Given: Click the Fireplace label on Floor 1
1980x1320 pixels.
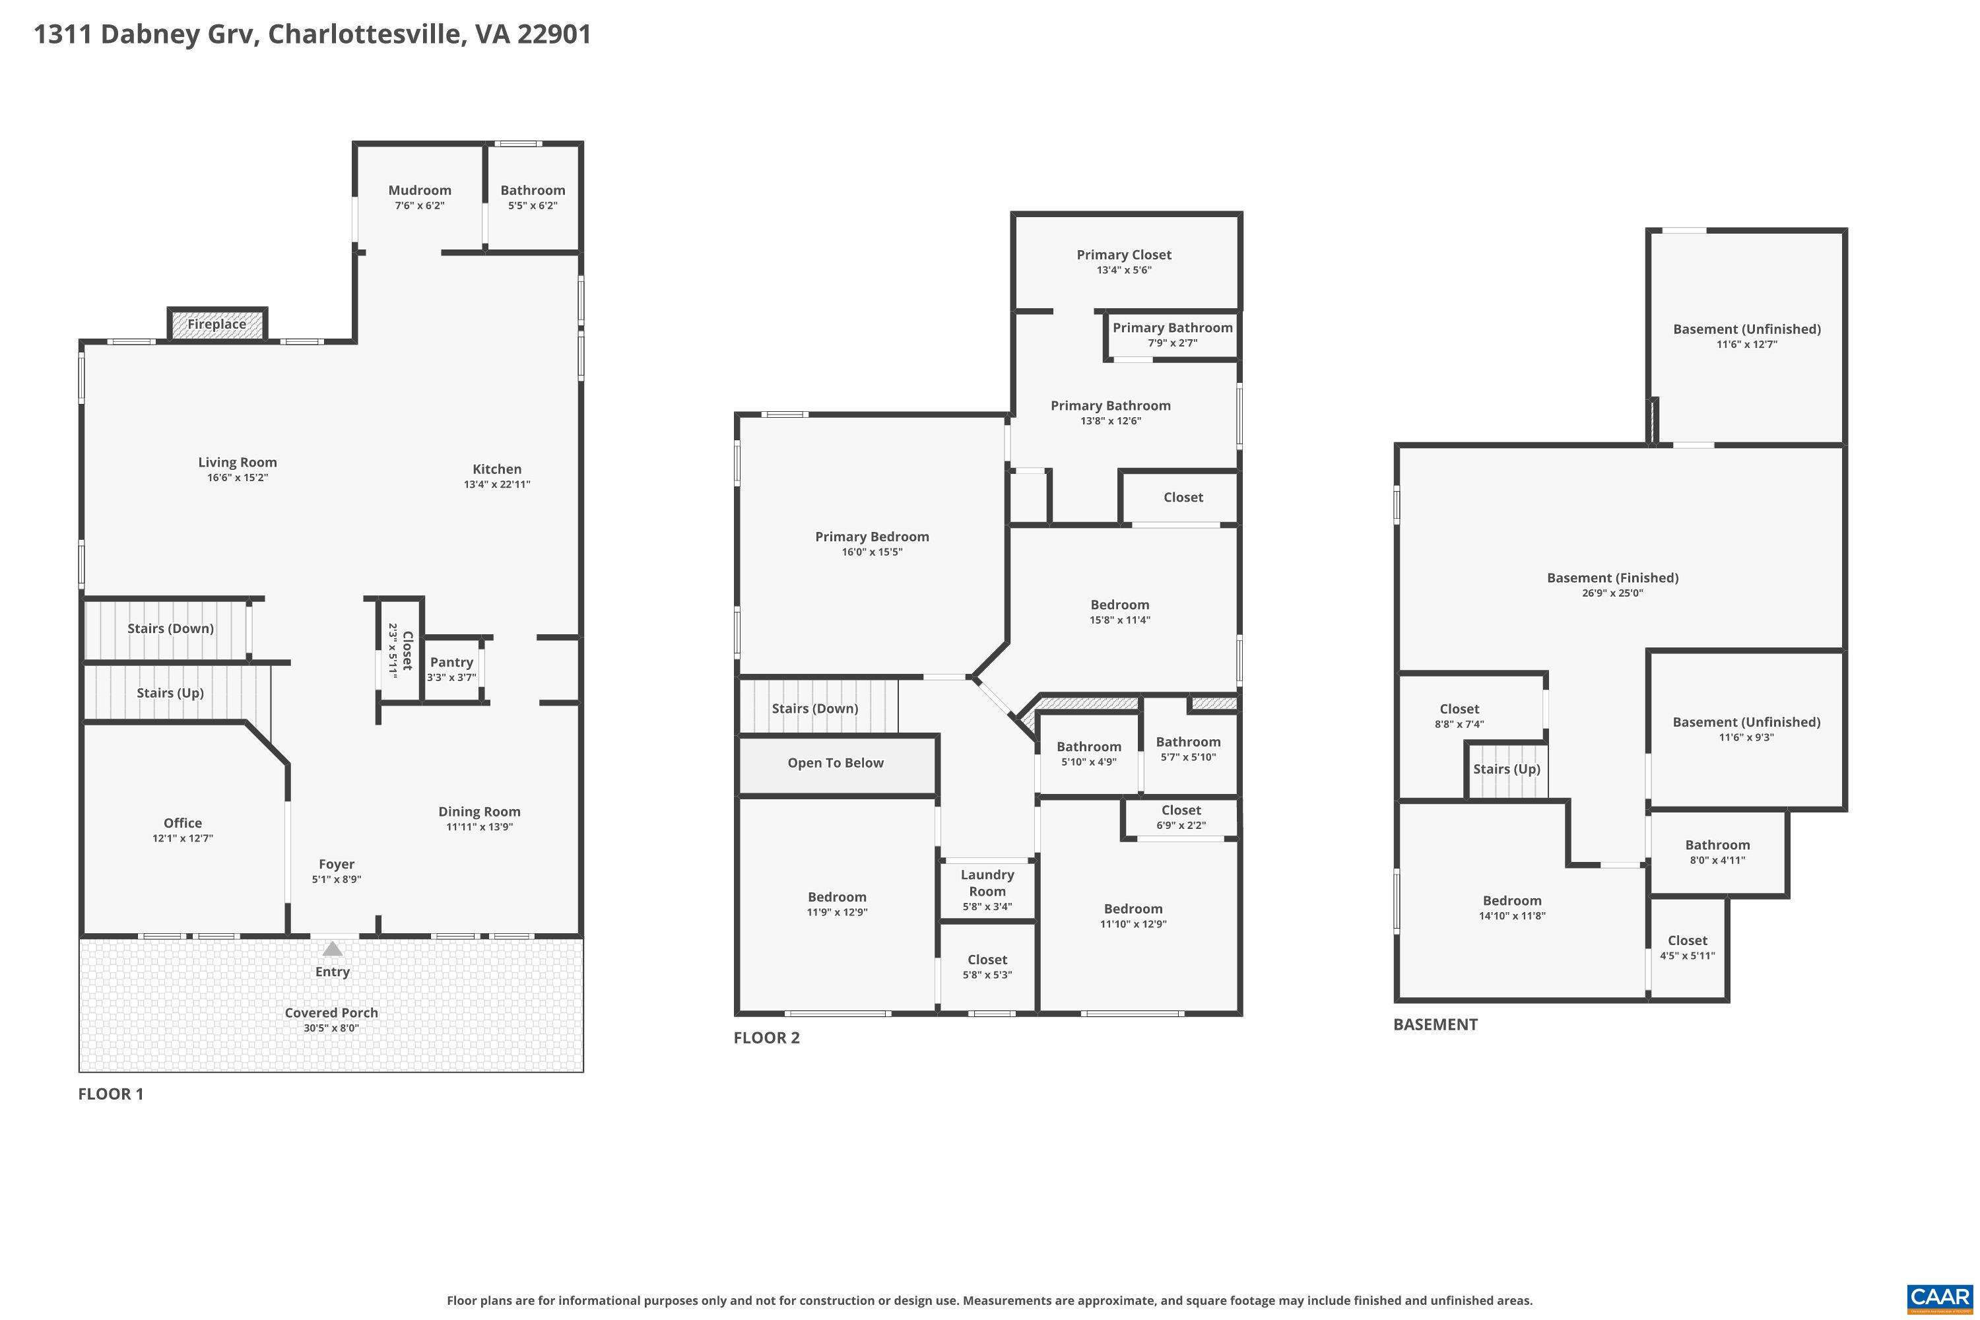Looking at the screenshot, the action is tap(216, 324).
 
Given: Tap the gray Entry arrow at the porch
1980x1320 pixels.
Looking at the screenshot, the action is tap(333, 949).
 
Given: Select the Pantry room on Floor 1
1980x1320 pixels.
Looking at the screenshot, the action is tap(452, 669).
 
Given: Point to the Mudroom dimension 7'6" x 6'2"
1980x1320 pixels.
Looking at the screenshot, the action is tap(419, 205).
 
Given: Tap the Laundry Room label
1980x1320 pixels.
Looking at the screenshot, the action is tap(987, 883).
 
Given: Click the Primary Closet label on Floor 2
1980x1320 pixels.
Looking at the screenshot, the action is tap(1124, 254).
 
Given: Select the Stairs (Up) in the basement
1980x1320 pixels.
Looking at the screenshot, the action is tap(1507, 770).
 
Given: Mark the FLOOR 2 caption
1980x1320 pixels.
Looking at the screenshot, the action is tap(766, 1037).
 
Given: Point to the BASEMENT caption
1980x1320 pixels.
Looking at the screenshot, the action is tap(1435, 1024).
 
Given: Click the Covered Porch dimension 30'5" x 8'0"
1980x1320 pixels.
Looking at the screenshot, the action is tap(332, 1028).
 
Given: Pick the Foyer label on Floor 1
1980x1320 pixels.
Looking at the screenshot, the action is tap(336, 864).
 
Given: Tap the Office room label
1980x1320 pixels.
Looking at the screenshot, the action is tap(183, 822).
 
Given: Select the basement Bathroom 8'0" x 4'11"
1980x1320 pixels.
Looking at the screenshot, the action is tap(1717, 851).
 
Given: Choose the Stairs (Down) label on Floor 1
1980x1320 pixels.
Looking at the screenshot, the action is tap(170, 628).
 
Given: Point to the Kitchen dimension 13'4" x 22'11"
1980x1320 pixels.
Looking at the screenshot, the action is tap(497, 484).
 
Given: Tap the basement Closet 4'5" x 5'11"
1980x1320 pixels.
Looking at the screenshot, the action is tap(1687, 948).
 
